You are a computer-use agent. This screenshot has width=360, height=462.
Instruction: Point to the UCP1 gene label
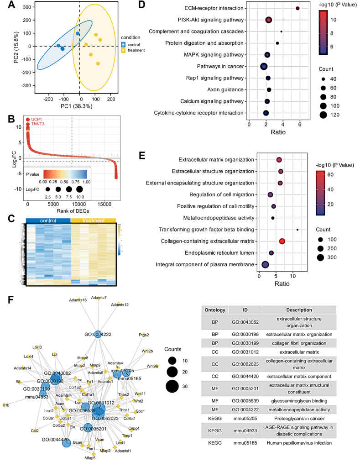37,119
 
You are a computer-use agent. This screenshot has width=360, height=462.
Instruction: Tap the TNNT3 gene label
38,124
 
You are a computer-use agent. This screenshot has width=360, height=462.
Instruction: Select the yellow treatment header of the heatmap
93,220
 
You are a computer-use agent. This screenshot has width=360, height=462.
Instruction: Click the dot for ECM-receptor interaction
297,8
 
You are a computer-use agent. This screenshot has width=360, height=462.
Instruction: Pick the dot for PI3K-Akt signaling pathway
268,20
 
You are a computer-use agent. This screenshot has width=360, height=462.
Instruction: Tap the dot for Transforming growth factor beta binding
297,230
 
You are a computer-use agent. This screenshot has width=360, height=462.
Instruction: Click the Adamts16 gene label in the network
78,300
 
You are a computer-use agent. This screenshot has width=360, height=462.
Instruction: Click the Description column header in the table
299,310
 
